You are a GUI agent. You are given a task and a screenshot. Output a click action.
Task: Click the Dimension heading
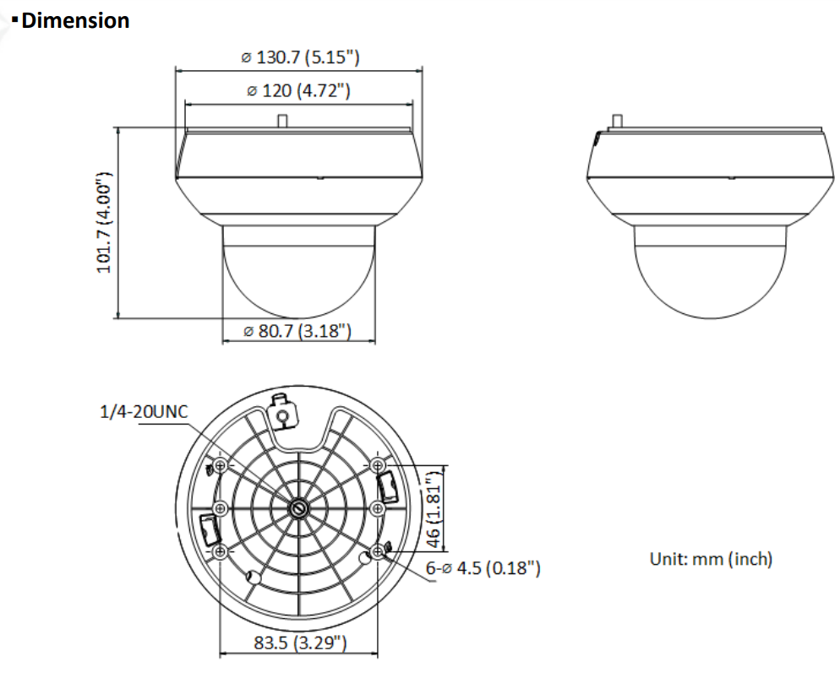(x=75, y=21)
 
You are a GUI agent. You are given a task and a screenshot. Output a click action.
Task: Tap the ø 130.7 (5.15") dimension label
(x=301, y=57)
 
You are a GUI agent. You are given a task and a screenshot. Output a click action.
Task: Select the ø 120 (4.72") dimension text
(x=298, y=90)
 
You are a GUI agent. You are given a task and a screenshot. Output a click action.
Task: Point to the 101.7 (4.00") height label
(x=103, y=223)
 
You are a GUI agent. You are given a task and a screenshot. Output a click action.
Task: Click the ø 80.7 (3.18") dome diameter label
(x=297, y=331)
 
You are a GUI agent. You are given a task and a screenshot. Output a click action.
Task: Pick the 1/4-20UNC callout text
(x=145, y=411)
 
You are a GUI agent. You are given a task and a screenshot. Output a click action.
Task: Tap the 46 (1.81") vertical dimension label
(x=434, y=507)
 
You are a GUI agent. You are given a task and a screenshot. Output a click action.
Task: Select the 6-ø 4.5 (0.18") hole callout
(x=483, y=567)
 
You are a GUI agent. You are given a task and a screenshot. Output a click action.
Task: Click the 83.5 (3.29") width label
(x=300, y=643)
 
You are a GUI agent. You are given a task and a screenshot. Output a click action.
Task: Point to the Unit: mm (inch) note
(x=711, y=559)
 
